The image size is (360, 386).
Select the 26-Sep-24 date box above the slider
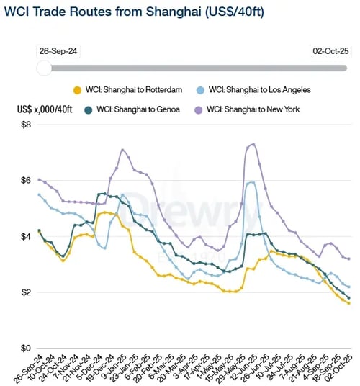[59, 51]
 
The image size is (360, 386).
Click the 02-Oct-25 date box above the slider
[330, 51]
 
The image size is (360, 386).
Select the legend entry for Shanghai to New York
[255, 109]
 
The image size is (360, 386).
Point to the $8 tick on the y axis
[27, 125]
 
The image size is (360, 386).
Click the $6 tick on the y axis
[27, 180]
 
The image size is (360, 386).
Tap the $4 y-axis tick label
[27, 236]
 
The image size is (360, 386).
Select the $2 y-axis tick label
[27, 292]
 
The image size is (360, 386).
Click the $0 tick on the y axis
[27, 349]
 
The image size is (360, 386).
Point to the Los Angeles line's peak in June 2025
[251, 182]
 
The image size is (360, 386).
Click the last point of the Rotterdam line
[349, 303]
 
